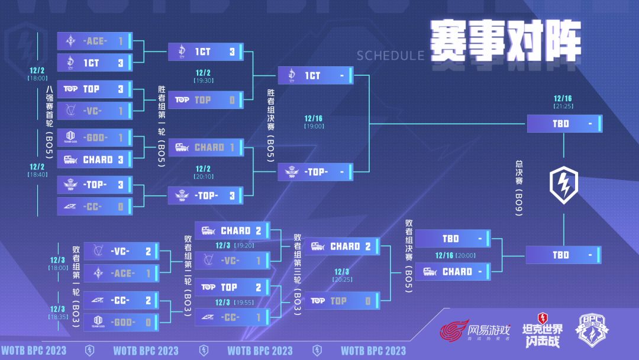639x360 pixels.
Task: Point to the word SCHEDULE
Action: [390, 56]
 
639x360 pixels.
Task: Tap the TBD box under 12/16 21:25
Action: [564, 124]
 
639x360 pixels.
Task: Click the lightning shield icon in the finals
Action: [563, 183]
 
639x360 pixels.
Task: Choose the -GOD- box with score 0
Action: [121, 322]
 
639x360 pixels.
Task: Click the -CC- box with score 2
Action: [121, 300]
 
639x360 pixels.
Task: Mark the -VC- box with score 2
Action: [121, 251]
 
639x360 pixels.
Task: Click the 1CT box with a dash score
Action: [315, 76]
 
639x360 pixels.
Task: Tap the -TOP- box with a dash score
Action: [315, 172]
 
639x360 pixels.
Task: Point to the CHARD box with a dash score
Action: [453, 272]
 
